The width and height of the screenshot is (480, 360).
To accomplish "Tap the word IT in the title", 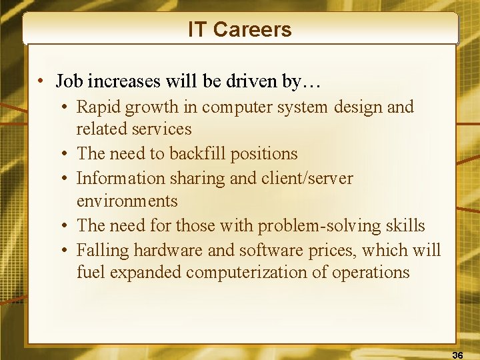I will click(197, 30).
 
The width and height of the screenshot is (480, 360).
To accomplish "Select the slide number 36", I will click(457, 355).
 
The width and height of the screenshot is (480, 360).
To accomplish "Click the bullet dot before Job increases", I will click(41, 82).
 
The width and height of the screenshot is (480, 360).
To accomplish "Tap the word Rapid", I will click(97, 107).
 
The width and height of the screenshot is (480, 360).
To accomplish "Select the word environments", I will click(127, 201).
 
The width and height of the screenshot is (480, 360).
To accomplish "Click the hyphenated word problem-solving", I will click(310, 225).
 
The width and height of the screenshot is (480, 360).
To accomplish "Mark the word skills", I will click(405, 225).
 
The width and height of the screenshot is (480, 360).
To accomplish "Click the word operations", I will click(370, 273).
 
